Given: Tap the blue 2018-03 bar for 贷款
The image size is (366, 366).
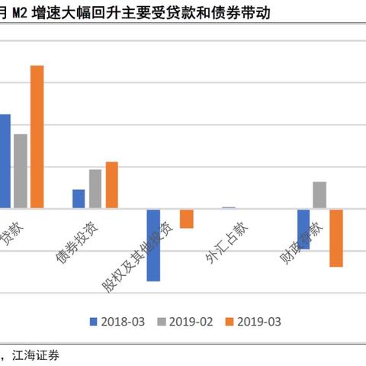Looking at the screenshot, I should (x=5, y=161).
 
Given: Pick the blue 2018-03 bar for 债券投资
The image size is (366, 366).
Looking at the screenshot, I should (x=79, y=198).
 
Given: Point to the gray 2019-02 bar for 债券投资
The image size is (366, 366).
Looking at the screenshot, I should (x=95, y=188).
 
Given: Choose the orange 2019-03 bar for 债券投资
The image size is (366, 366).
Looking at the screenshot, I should (x=111, y=185).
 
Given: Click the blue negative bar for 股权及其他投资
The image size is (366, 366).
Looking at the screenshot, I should (x=153, y=245).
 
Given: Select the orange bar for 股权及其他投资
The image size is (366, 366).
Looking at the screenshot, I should (x=186, y=218).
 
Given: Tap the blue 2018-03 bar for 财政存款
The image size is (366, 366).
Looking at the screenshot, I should (x=303, y=228).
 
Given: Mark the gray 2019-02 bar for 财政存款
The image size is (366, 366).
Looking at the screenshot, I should (x=319, y=194).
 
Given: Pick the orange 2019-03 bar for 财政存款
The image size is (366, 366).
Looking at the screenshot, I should (x=336, y=237).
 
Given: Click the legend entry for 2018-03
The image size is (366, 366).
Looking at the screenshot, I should (x=123, y=322).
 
